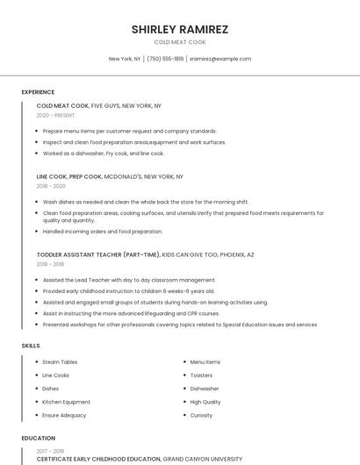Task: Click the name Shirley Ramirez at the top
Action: tap(180, 29)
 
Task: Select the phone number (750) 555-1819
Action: tap(165, 59)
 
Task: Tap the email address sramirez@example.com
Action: tap(220, 59)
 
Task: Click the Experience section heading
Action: tap(38, 92)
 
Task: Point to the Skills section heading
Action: tap(31, 346)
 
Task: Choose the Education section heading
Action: tap(38, 438)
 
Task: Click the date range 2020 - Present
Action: tap(55, 115)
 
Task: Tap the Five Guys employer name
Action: tap(106, 105)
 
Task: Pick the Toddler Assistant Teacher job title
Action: tap(97, 254)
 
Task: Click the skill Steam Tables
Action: tap(60, 361)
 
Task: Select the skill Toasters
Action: tap(201, 375)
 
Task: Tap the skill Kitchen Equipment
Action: tap(66, 402)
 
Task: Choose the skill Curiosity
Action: tap(201, 415)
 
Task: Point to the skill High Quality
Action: tap(205, 402)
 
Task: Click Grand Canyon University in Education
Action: tap(203, 459)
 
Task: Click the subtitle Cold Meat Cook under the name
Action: tap(180, 42)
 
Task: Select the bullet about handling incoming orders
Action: tap(103, 232)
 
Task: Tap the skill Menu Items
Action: tap(205, 361)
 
